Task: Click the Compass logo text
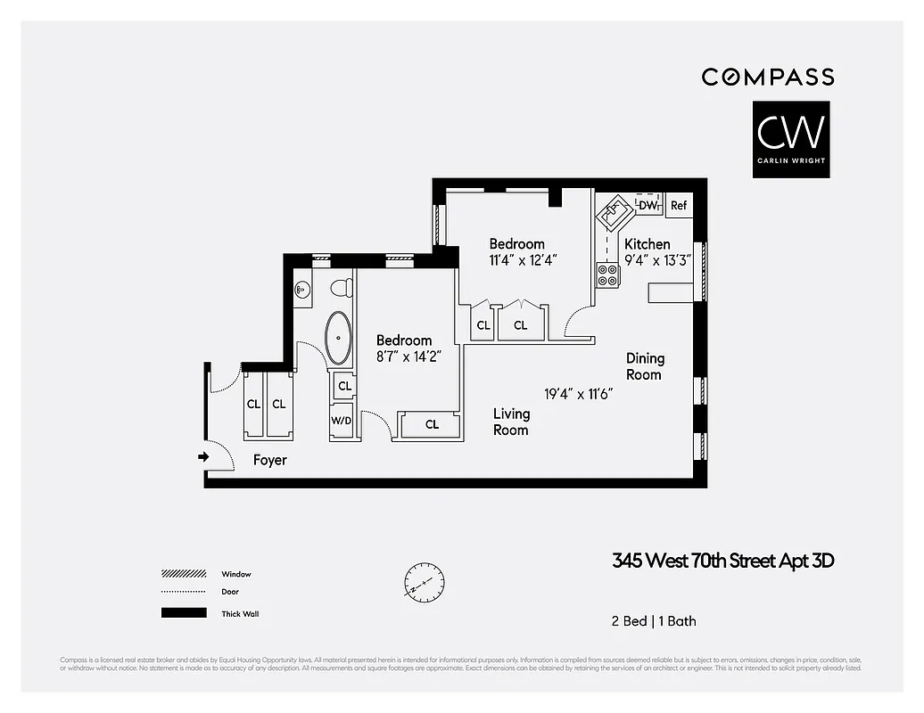[767, 78]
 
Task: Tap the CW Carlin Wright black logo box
[790, 139]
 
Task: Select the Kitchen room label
[647, 244]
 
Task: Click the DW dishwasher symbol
[648, 205]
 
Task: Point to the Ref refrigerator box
[679, 205]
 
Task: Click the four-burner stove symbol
[608, 275]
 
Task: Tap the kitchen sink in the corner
[614, 213]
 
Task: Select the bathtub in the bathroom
[338, 338]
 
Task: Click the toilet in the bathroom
[341, 288]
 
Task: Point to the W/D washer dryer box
[342, 420]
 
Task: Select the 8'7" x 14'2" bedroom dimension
[404, 356]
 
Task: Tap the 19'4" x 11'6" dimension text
[578, 392]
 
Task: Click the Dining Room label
[644, 366]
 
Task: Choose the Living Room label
[511, 422]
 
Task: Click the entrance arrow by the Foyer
[202, 456]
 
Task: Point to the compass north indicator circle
[424, 584]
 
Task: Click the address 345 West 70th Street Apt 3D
[722, 561]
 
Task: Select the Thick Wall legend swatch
[184, 613]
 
